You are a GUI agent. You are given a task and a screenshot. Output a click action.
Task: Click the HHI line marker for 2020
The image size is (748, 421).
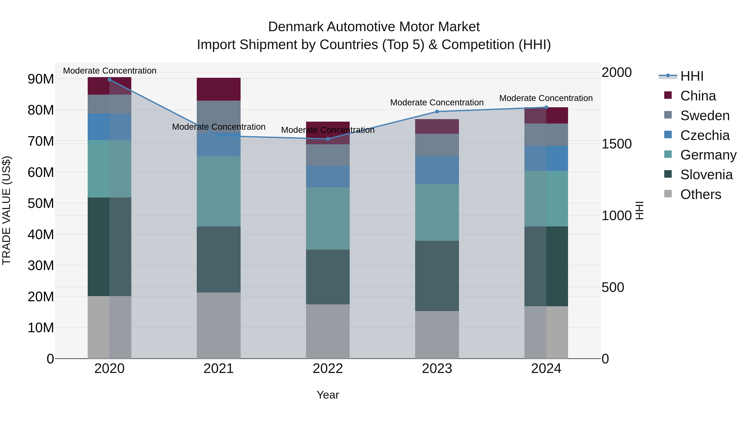tap(109, 80)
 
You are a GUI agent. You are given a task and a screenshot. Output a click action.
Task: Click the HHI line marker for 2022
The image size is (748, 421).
tap(328, 139)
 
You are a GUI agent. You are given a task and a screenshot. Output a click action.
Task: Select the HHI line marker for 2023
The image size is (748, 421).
tap(437, 112)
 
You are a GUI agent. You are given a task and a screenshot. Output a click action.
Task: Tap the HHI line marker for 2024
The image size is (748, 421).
tap(546, 107)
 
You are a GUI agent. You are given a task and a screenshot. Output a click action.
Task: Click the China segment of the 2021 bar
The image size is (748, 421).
tap(219, 89)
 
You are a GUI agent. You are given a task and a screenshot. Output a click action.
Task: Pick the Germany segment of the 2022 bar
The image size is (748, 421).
tap(328, 219)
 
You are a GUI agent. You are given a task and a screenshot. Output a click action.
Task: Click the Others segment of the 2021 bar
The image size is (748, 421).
tap(219, 325)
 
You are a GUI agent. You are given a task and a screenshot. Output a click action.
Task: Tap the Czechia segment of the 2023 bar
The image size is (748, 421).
tap(437, 170)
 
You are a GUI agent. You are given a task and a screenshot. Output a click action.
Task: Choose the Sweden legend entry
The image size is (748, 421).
tap(705, 116)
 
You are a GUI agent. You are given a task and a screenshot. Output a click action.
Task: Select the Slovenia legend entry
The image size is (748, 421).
tap(706, 175)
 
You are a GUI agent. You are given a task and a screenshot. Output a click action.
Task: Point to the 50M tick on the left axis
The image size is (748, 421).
tap(41, 203)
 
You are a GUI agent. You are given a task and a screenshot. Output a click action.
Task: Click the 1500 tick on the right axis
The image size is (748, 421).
tap(616, 144)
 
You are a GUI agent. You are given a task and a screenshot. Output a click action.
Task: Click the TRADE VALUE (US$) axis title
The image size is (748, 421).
tap(6, 210)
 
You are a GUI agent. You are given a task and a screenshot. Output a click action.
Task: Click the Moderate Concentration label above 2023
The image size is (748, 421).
tap(437, 102)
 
